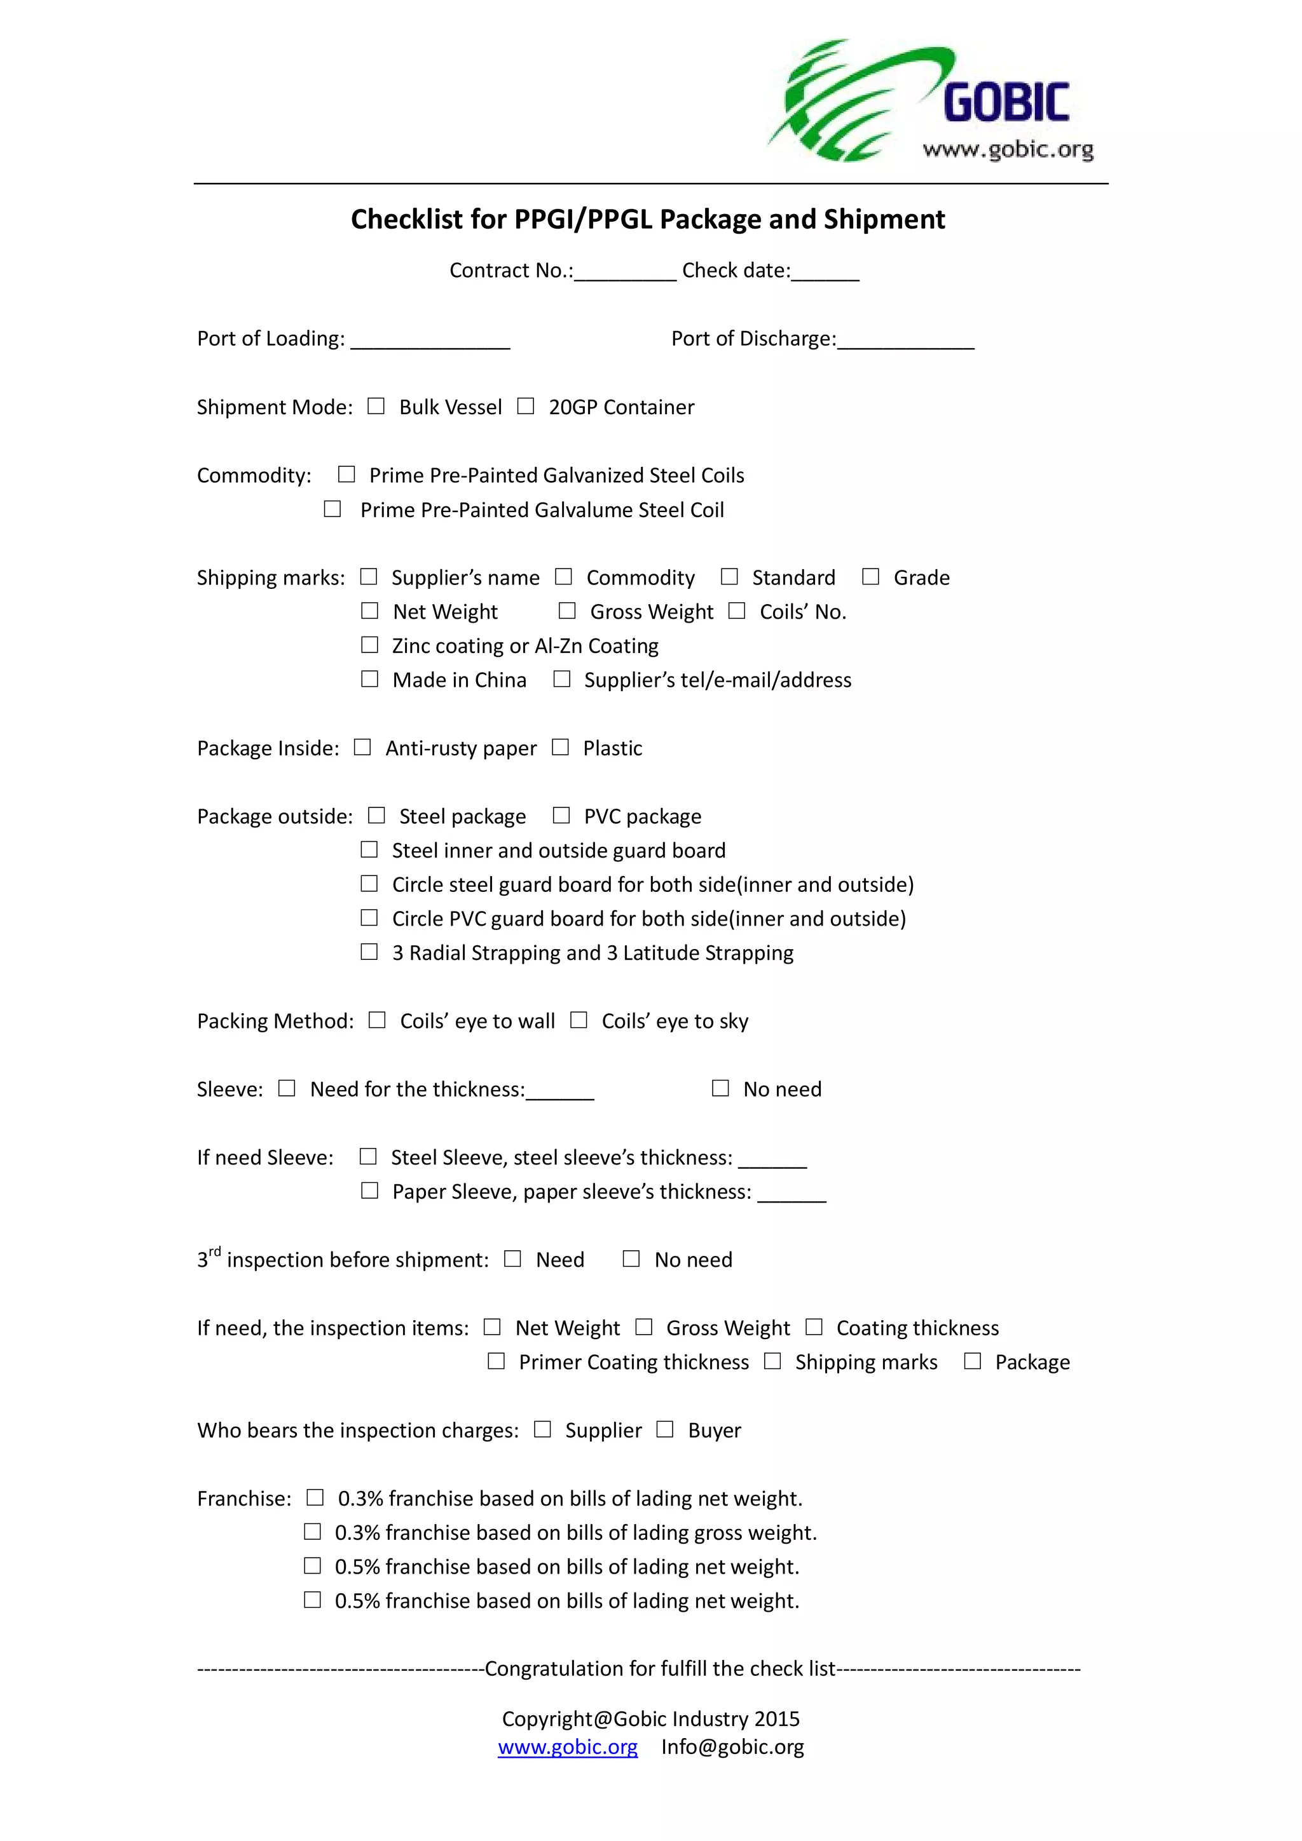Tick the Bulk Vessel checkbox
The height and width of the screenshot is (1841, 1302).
click(376, 406)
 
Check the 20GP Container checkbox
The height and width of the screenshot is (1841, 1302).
click(526, 406)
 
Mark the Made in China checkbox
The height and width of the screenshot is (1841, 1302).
click(369, 679)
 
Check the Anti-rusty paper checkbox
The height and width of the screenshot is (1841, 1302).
click(362, 747)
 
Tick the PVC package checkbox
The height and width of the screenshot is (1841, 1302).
click(561, 816)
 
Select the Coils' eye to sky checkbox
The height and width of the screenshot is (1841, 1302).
click(579, 1020)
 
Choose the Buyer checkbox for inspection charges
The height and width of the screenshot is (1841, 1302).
click(665, 1429)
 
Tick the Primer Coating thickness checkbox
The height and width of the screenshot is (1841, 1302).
click(497, 1361)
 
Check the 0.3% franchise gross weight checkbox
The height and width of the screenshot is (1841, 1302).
click(312, 1532)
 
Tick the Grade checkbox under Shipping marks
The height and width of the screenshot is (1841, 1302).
click(870, 577)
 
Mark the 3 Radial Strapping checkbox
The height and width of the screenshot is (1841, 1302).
click(369, 952)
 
